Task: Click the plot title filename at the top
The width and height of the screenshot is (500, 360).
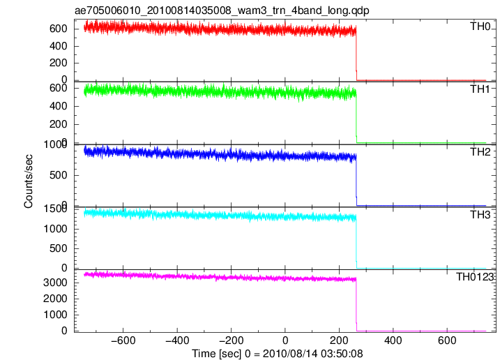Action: pos(222,10)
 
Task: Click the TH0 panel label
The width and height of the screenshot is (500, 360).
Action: pos(480,27)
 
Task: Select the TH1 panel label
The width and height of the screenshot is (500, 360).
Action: pos(480,89)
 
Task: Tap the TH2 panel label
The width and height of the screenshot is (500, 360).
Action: pos(480,152)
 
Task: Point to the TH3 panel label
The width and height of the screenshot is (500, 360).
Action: pos(480,215)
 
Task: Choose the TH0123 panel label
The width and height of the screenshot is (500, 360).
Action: pos(475,277)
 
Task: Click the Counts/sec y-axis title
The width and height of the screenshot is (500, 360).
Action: pos(29,181)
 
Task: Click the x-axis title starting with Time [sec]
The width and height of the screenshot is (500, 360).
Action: pos(278,354)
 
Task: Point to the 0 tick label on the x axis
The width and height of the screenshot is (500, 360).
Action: pos(285,341)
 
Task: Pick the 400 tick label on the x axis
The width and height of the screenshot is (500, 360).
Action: pos(393,341)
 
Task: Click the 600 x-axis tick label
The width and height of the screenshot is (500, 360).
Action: pos(447,341)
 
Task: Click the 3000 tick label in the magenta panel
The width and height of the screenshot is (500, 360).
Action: pos(55,283)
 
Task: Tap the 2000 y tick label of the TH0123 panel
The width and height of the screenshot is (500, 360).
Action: pos(55,299)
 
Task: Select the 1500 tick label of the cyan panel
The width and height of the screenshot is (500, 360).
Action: pos(55,209)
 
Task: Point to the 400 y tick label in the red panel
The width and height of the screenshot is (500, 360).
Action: pos(59,46)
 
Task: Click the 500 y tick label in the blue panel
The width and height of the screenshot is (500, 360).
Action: pos(59,175)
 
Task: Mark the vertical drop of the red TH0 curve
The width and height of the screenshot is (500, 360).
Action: pos(356,53)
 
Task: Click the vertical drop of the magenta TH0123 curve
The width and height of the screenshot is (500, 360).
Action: pos(356,305)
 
